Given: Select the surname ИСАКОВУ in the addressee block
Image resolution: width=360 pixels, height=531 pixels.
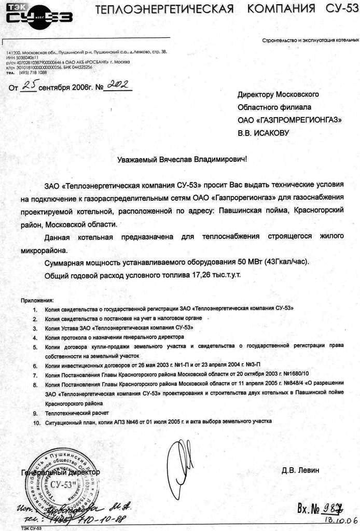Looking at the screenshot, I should click(x=270, y=133).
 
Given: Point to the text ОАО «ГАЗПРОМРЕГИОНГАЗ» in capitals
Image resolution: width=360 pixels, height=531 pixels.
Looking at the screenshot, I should click(x=290, y=120).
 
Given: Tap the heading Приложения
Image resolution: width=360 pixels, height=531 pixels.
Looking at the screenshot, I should click(x=37, y=300).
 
